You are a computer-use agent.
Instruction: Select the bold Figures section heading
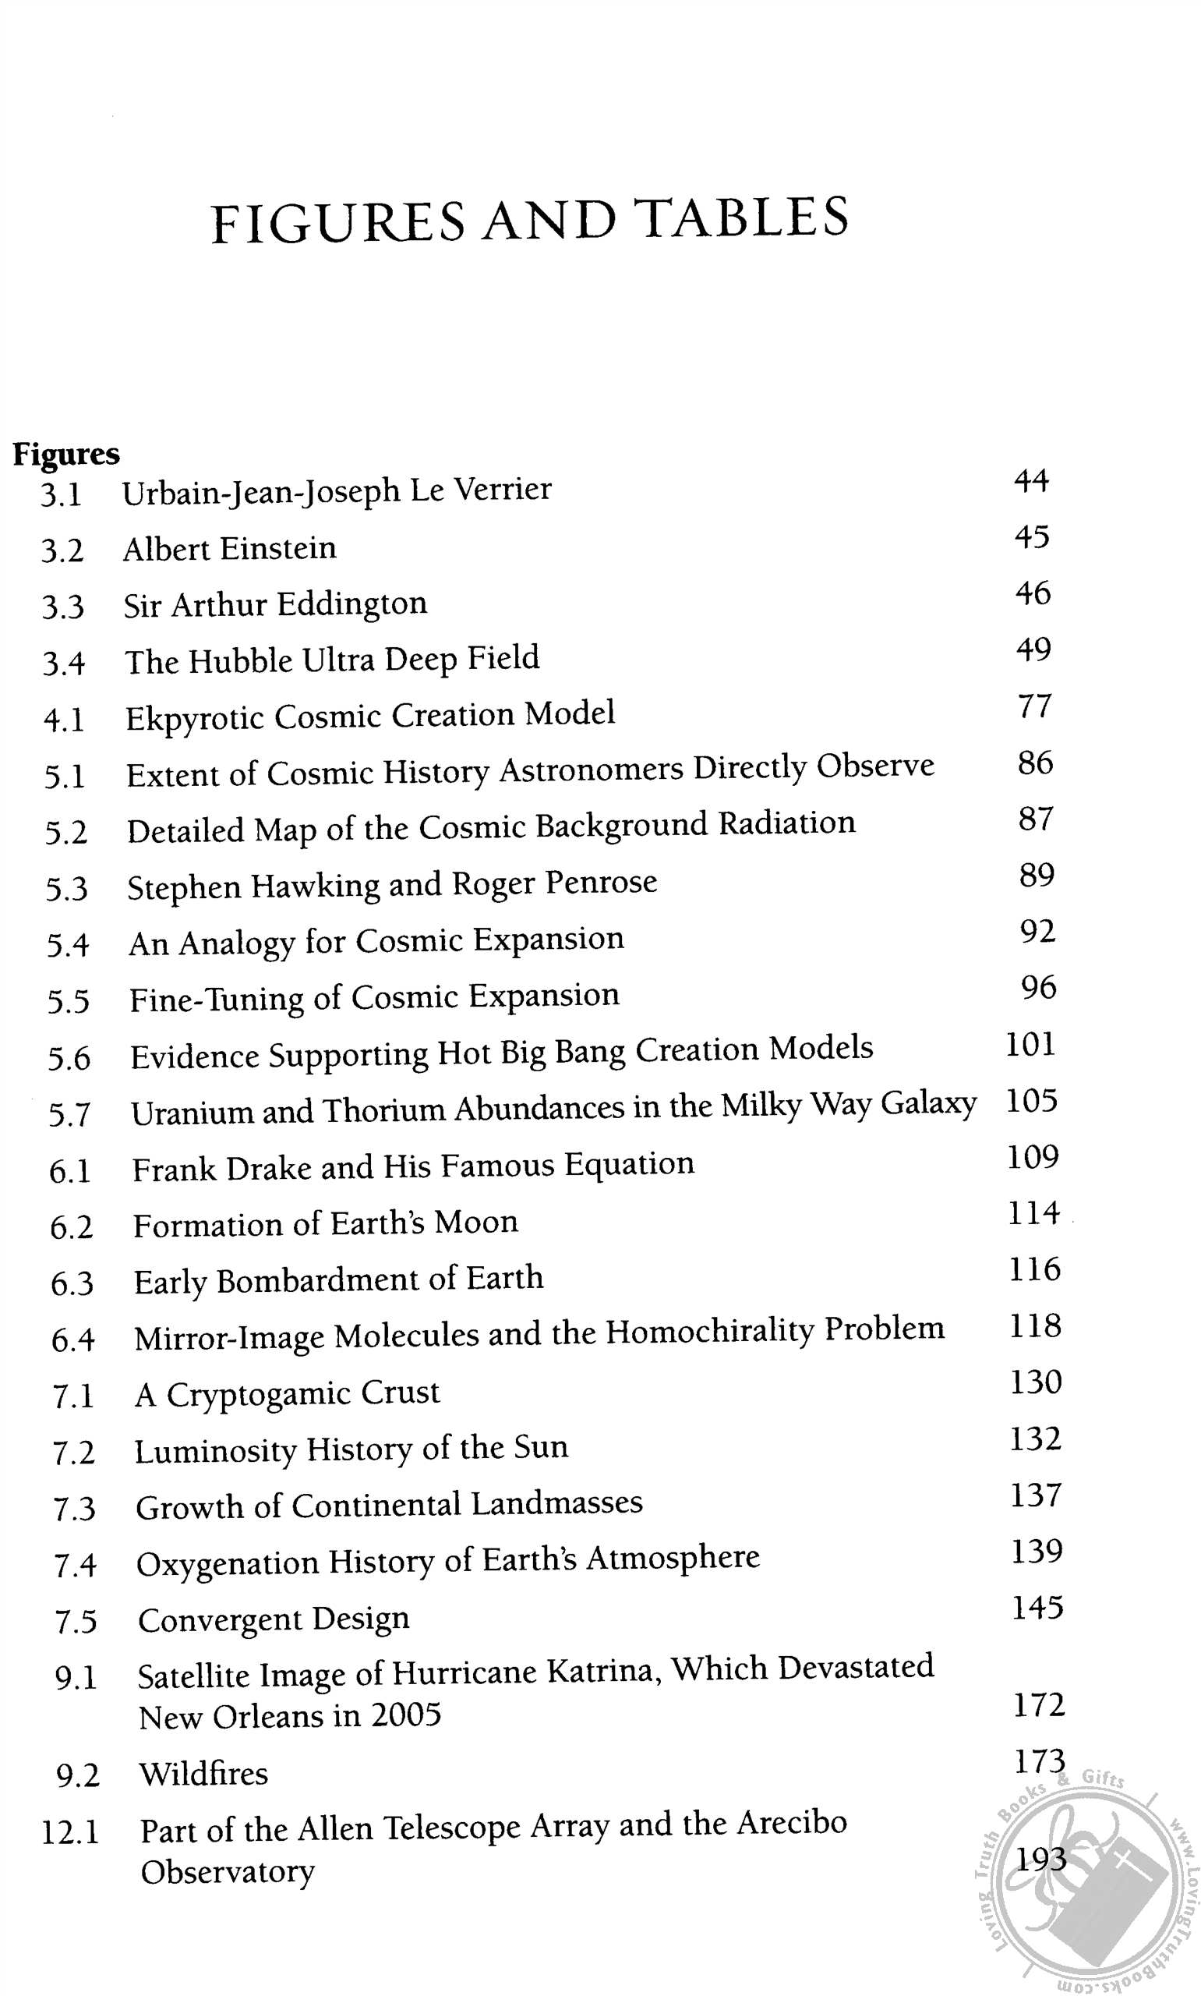[x=66, y=454]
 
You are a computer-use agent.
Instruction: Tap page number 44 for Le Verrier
[x=1031, y=481]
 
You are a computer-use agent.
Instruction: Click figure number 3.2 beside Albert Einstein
[x=62, y=551]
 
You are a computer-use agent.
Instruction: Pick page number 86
[x=1035, y=763]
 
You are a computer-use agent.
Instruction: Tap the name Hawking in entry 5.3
[x=314, y=887]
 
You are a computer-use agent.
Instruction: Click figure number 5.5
[x=68, y=1002]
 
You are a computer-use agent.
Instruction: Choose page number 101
[x=1030, y=1044]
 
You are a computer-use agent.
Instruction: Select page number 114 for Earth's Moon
[x=1033, y=1213]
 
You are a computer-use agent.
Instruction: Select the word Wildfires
[x=203, y=1774]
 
